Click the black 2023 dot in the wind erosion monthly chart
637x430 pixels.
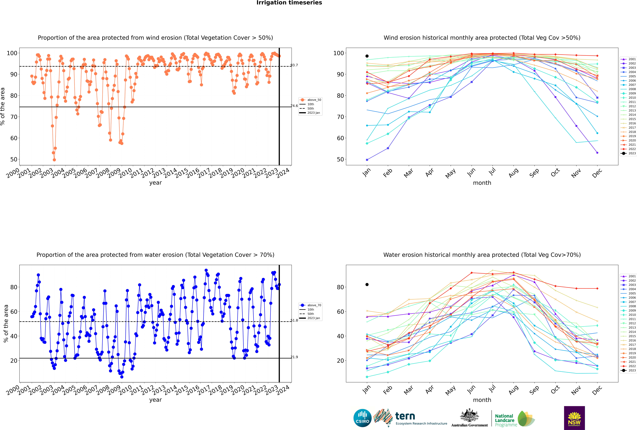(367, 56)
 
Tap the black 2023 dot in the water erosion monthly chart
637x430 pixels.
(367, 284)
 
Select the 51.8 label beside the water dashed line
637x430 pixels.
(294, 320)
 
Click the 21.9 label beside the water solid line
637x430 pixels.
(294, 357)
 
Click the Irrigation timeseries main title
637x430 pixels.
(289, 3)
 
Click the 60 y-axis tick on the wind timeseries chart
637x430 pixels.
(14, 138)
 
